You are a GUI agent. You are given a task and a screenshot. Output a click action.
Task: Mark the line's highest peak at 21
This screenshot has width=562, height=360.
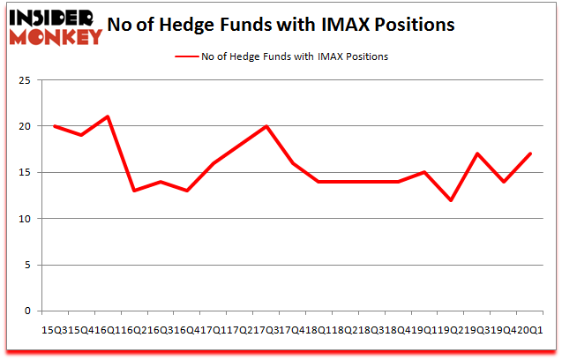[x=108, y=116]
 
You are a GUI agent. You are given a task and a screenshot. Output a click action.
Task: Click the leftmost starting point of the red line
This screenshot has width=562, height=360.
[x=55, y=126]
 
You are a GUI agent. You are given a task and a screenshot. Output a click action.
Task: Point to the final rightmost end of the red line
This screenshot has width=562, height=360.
[x=529, y=154]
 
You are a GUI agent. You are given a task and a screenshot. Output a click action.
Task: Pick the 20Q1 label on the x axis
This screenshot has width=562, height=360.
[x=531, y=328]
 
